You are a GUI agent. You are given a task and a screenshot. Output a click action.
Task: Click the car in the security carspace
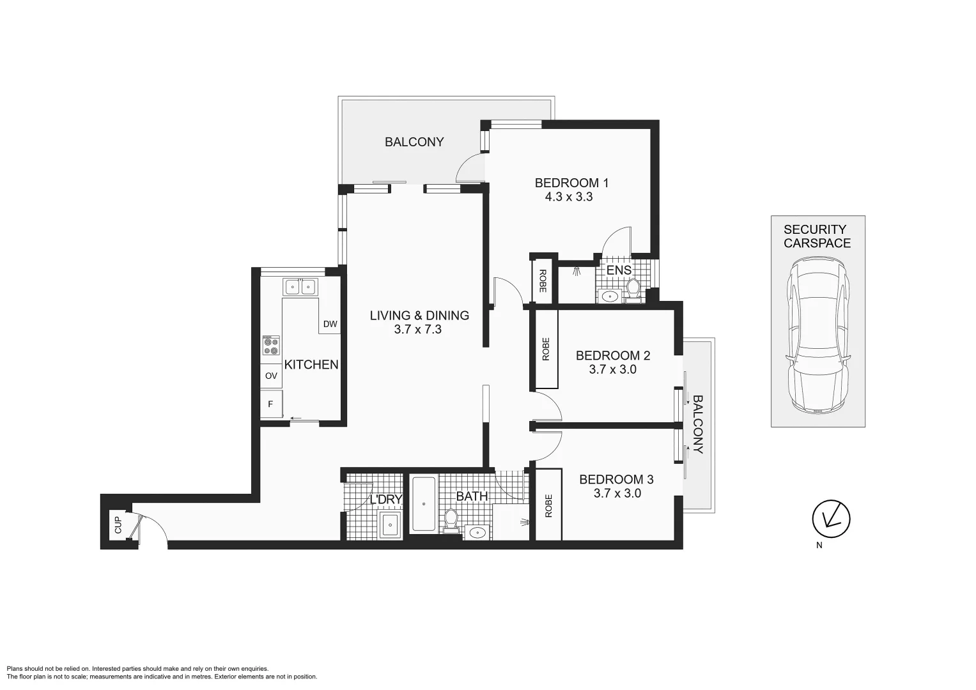[818, 335]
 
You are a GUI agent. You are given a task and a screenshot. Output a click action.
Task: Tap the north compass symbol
[831, 517]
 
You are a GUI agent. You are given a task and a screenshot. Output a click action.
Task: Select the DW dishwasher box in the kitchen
[330, 324]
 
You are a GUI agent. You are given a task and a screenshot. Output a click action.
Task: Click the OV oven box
[271, 376]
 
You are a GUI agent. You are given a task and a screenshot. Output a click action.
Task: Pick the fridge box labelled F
[271, 404]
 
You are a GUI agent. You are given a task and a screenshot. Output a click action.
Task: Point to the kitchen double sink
[300, 287]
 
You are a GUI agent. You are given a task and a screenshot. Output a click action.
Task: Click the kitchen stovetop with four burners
[271, 346]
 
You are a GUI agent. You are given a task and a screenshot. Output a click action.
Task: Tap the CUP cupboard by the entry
[118, 525]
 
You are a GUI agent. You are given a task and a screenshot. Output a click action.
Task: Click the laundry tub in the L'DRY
[389, 525]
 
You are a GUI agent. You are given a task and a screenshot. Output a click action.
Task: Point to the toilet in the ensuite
[633, 288]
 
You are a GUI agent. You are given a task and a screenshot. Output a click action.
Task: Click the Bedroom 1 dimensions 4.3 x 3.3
[568, 197]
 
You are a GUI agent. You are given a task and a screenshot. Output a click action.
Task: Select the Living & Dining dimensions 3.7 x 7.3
[418, 330]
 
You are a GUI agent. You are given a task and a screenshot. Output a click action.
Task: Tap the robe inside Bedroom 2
[546, 349]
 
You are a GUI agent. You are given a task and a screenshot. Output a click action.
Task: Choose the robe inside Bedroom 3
[548, 505]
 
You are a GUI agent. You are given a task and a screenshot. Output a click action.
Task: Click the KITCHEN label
[311, 364]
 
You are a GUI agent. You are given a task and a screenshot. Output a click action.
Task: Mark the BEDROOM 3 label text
[616, 479]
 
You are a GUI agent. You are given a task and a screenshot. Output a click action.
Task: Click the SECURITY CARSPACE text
[817, 236]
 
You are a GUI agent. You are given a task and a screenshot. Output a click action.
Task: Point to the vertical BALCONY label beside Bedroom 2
[697, 424]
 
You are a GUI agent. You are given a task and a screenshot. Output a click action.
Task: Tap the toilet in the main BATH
[451, 519]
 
